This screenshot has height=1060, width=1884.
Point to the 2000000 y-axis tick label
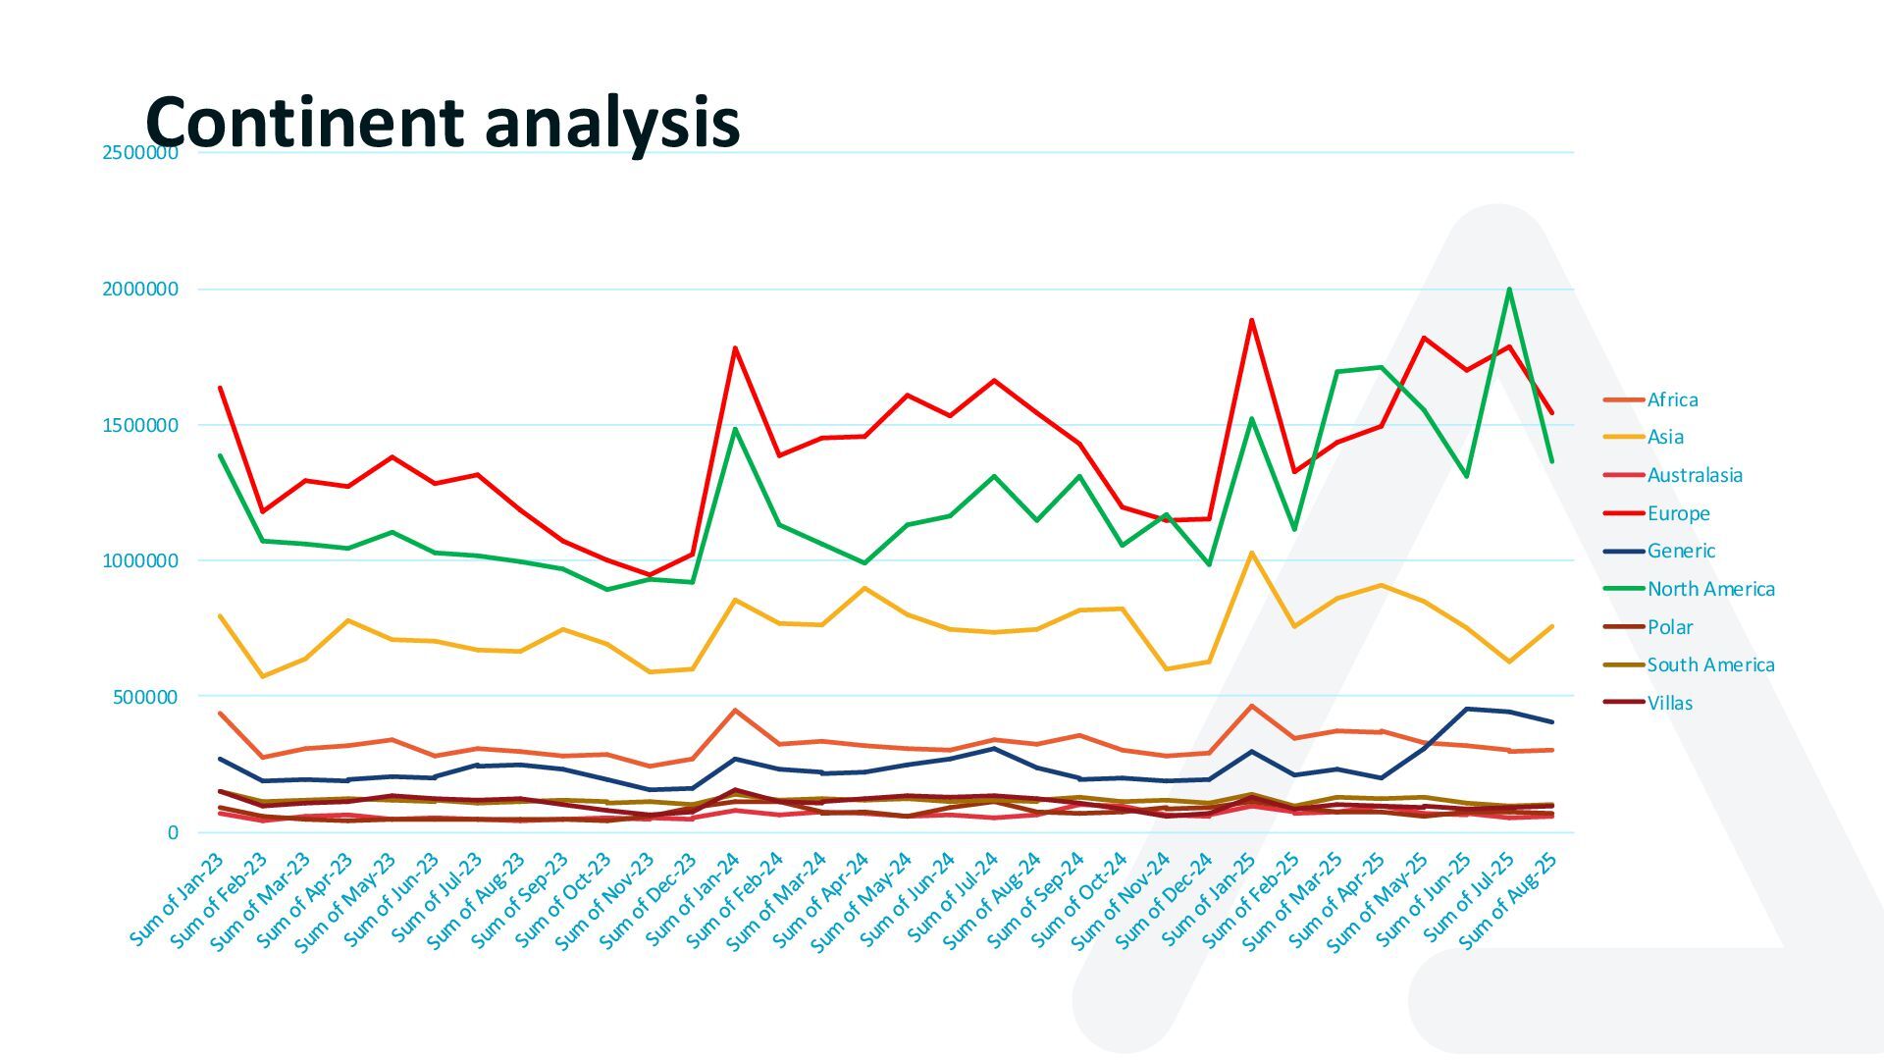(x=140, y=289)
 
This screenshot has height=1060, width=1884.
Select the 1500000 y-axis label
(x=140, y=425)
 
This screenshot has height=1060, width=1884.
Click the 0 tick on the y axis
(x=173, y=833)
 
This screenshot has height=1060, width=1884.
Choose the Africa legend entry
(x=1672, y=399)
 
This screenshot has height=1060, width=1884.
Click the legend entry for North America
(x=1710, y=589)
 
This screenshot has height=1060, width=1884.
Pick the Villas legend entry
(x=1669, y=703)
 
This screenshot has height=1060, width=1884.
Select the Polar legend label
(x=1669, y=627)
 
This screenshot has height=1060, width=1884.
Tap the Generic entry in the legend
(x=1681, y=551)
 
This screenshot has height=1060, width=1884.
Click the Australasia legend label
(x=1695, y=475)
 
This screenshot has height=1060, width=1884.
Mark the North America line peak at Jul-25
(x=1509, y=289)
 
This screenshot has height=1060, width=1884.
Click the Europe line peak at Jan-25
(x=1251, y=320)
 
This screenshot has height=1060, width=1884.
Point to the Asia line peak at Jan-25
(x=1251, y=553)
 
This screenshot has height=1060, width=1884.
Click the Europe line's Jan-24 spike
(x=735, y=347)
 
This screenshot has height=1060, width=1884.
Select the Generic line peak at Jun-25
(x=1466, y=709)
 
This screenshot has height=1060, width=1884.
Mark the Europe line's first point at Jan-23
(x=220, y=388)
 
